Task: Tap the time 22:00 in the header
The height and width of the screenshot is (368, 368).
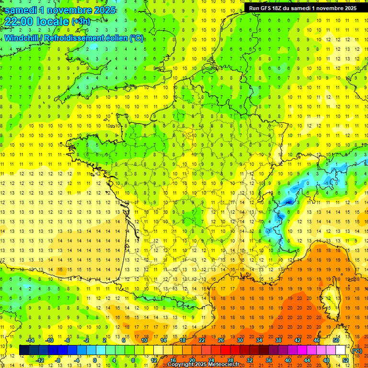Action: [x=20, y=22]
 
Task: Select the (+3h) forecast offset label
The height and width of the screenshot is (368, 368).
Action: [x=80, y=22]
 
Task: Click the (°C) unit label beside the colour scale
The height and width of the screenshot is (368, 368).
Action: [x=357, y=351]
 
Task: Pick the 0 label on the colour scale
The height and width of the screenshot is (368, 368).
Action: [x=94, y=360]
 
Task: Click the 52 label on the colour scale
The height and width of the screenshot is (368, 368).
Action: [x=345, y=360]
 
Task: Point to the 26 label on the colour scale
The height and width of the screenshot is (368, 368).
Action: [x=220, y=340]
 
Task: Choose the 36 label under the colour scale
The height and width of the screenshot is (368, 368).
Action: [x=268, y=360]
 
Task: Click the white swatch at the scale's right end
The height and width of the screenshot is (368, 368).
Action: [x=341, y=350]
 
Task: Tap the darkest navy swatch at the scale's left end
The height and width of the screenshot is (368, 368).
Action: [x=24, y=350]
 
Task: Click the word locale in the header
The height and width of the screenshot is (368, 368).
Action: [x=53, y=22]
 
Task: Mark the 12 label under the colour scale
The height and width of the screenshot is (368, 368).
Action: [x=153, y=360]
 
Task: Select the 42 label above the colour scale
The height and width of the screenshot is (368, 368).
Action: [x=297, y=340]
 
